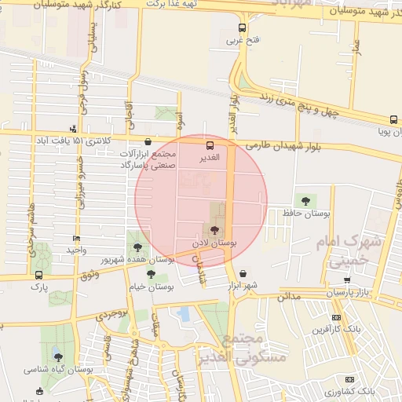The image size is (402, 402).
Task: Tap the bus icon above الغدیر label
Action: point(209,145)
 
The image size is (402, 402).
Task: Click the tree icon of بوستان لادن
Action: point(214,230)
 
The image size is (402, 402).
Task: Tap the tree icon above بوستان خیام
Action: point(151,274)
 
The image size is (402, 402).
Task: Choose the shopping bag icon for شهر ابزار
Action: point(243,273)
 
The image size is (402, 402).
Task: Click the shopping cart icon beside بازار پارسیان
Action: point(347,280)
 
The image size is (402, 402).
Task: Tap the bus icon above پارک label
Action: point(39,275)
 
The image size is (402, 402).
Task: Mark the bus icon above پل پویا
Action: point(393,120)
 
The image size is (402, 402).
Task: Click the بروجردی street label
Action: point(111,316)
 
